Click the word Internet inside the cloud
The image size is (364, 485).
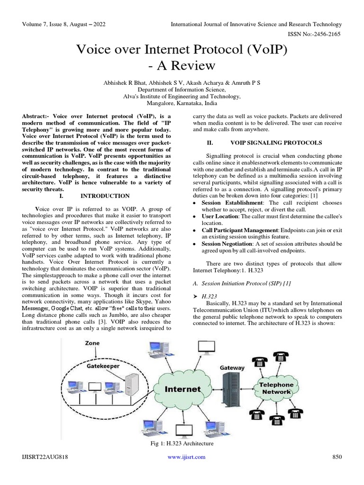pyautogui.click(x=182, y=389)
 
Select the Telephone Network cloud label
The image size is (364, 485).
pyautogui.click(x=276, y=388)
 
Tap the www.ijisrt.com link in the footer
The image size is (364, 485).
pyautogui.click(x=187, y=457)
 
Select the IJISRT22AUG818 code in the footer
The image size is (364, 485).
pyautogui.click(x=45, y=457)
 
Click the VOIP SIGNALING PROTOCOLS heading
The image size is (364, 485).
pyautogui.click(x=276, y=143)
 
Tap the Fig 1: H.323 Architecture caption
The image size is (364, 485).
pyautogui.click(x=182, y=443)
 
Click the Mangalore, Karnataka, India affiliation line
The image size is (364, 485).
pyautogui.click(x=182, y=102)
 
